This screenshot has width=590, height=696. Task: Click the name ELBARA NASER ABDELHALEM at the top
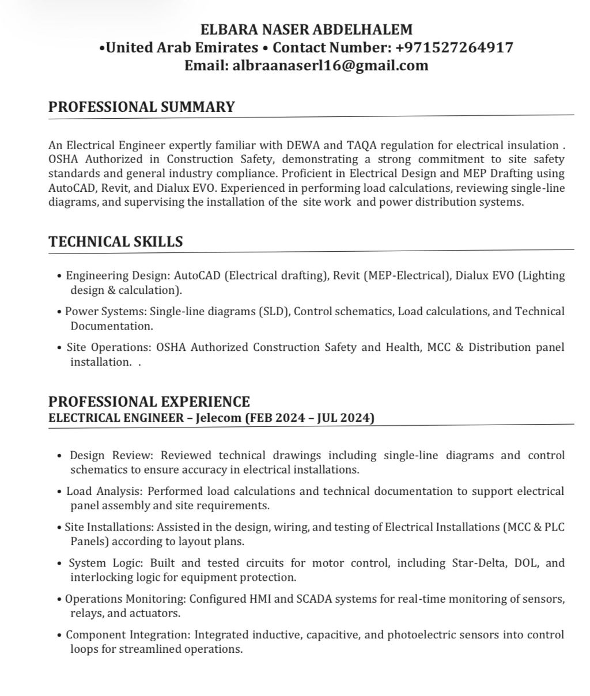click(x=307, y=29)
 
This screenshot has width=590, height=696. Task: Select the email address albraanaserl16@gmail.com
click(x=330, y=65)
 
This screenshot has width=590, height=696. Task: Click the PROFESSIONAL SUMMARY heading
click(x=142, y=107)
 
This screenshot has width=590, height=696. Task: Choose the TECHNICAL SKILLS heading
click(x=116, y=241)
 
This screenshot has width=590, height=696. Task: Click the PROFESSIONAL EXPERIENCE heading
click(x=149, y=401)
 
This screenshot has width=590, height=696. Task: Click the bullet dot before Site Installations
click(x=60, y=528)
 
